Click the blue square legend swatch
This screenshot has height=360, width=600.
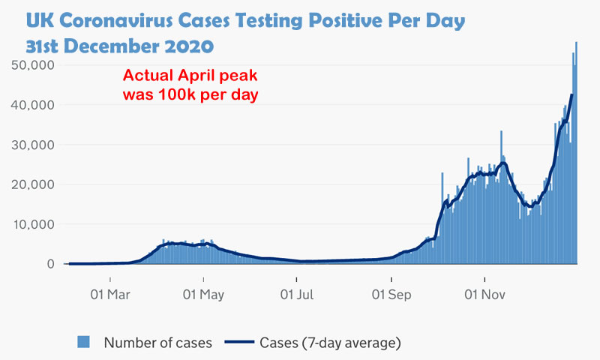tap(85, 342)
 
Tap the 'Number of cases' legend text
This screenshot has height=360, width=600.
tap(157, 343)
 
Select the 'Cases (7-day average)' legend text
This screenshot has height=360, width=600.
tap(330, 343)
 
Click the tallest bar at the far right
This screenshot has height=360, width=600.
tap(576, 150)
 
